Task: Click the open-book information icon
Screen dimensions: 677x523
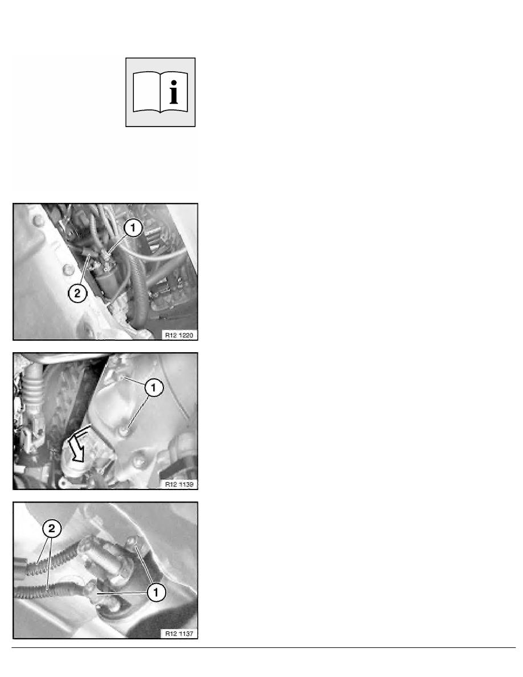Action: click(x=161, y=92)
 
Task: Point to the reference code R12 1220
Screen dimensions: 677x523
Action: click(x=180, y=335)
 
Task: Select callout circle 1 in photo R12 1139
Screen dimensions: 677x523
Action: click(x=154, y=388)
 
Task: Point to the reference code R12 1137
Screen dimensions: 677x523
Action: click(x=180, y=633)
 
